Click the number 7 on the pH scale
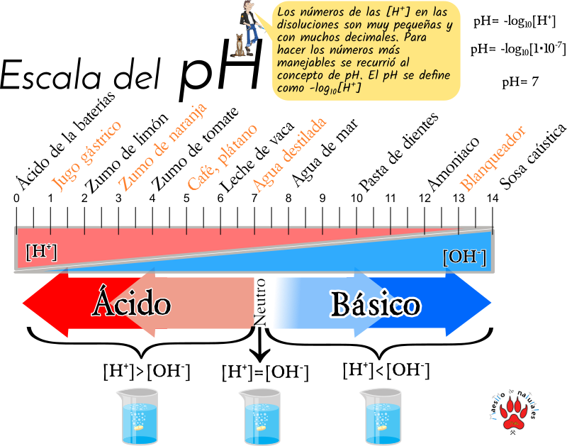pyautogui.click(x=254, y=199)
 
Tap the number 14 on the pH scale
pyautogui.click(x=492, y=199)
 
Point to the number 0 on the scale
pyautogui.click(x=16, y=199)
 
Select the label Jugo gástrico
pyautogui.click(x=86, y=155)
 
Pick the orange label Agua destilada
pyautogui.click(x=289, y=155)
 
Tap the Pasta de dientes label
pyautogui.click(x=398, y=152)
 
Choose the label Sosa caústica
pyautogui.click(x=533, y=157)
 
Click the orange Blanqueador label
pyautogui.click(x=493, y=158)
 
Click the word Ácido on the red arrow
pyautogui.click(x=131, y=302)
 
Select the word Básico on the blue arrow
pyautogui.click(x=376, y=304)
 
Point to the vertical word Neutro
pyautogui.click(x=260, y=302)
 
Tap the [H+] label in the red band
pyautogui.click(x=41, y=252)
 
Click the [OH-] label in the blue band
pyautogui.click(x=465, y=257)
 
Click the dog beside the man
pyautogui.click(x=238, y=45)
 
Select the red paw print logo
pyautogui.click(x=513, y=412)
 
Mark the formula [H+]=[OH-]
pyautogui.click(x=265, y=372)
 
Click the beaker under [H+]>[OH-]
pyautogui.click(x=137, y=416)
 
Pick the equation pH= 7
pyautogui.click(x=520, y=82)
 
